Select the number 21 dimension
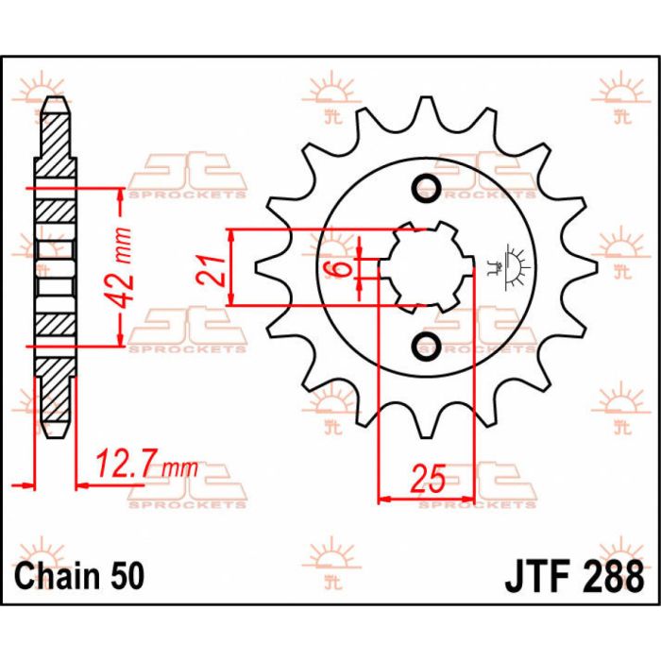(213, 268)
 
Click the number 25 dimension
(426, 479)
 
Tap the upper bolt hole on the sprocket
(427, 185)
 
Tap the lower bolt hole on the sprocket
(427, 343)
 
